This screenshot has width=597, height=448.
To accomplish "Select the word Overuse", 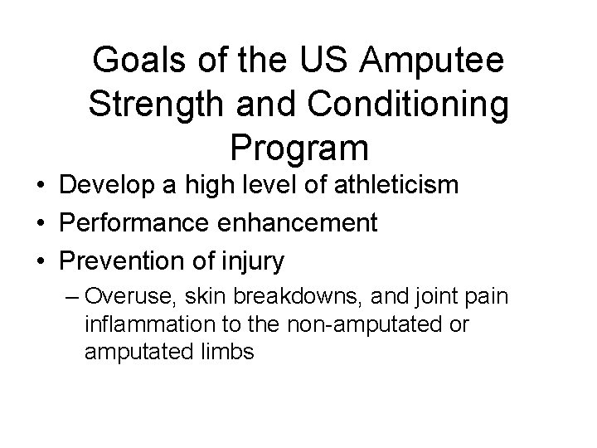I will pyautogui.click(x=120, y=295).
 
